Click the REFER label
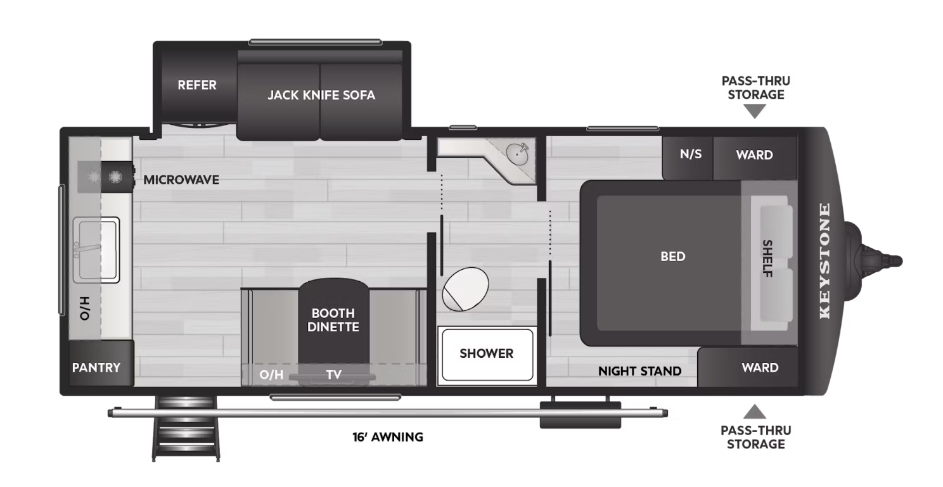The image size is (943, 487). click(197, 85)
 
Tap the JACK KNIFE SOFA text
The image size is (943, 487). click(321, 95)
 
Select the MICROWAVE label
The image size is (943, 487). click(181, 180)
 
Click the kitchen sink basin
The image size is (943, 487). click(96, 250)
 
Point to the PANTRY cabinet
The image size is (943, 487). click(96, 367)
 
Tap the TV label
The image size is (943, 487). click(334, 374)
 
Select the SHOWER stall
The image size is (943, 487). click(486, 353)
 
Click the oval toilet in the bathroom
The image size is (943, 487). click(466, 288)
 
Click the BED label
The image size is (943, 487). click(672, 256)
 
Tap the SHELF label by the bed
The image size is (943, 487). click(767, 258)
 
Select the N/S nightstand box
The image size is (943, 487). click(690, 155)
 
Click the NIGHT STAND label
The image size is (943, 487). click(639, 371)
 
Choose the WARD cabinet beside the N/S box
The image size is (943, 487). click(754, 155)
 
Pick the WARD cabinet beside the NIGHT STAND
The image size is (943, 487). click(760, 367)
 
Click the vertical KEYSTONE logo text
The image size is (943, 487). click(825, 261)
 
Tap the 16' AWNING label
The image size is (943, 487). click(388, 437)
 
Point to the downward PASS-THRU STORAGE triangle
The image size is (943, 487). click(755, 111)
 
